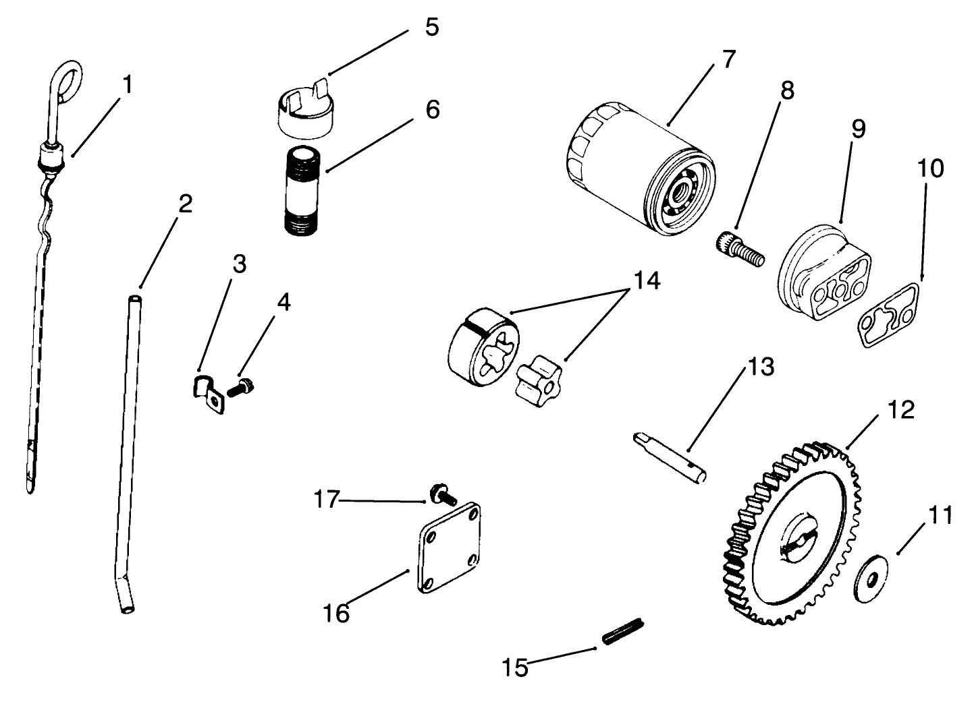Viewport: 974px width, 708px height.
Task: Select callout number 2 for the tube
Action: pos(184,204)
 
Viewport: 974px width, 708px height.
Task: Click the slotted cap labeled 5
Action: pos(303,108)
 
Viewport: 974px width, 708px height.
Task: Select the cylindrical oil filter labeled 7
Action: pos(638,172)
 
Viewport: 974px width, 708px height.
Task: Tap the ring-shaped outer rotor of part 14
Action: pos(483,343)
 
